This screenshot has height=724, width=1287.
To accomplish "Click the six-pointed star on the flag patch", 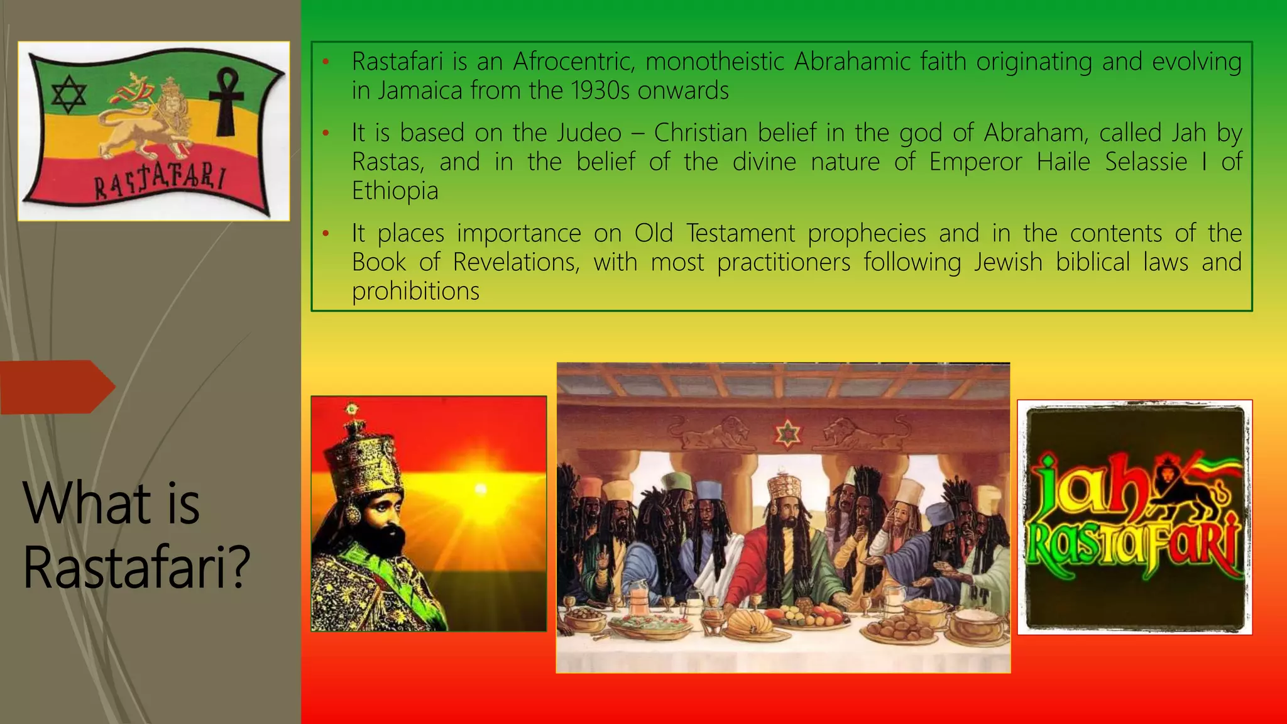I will point(68,96).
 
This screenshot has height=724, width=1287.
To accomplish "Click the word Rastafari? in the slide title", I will point(136,567).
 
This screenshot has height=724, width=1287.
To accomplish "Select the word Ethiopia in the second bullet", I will point(395,190).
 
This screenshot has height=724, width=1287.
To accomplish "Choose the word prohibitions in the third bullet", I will point(415,291).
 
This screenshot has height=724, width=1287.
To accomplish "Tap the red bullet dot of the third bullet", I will point(326,234).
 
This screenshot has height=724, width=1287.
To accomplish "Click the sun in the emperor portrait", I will point(481,488).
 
